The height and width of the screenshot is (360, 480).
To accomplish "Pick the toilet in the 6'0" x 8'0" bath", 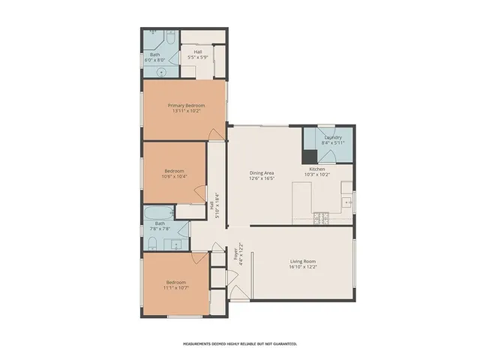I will pos(152,34).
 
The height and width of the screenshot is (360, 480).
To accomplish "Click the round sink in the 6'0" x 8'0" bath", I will pos(160,72).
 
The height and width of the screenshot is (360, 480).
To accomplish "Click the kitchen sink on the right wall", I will pos(346,201).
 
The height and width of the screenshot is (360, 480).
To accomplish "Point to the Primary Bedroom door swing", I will pos(217,133).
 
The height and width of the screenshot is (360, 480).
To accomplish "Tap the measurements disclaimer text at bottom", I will pos(240,343).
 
